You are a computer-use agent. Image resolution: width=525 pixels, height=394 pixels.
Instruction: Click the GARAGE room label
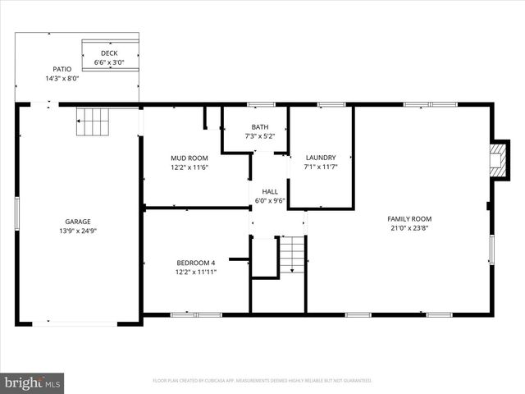pos(78,221)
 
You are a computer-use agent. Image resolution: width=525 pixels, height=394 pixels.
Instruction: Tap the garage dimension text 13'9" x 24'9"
pos(78,231)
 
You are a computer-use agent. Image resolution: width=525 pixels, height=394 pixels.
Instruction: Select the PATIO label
pos(62,69)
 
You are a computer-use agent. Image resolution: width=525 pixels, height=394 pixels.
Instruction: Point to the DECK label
pos(109,53)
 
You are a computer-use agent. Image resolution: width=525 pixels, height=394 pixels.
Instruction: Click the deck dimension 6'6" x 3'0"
pos(109,62)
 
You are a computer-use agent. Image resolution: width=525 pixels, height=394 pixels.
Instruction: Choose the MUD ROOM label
pos(189,158)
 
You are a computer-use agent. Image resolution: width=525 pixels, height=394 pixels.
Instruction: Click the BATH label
pos(260,126)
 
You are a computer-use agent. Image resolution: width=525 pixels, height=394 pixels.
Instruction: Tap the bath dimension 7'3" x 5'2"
pos(260,136)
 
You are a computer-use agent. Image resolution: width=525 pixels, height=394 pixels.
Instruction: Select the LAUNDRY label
pos(321,158)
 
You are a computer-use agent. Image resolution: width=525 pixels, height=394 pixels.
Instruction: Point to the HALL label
pos(269,190)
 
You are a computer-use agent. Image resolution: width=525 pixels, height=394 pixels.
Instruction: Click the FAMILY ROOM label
pos(409,218)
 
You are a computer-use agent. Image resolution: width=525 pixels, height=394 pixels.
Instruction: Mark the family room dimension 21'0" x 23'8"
pos(409,228)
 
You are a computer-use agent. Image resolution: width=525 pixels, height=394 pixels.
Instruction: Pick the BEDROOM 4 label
pos(196,263)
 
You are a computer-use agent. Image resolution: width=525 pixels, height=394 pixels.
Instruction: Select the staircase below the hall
pos(291,254)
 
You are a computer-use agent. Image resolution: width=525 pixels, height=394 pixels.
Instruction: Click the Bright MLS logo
pos(33,382)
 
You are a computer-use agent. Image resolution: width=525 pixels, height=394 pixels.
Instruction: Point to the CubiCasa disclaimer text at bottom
pos(262,381)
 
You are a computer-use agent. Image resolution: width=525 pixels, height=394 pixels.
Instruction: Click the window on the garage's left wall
pos(17,212)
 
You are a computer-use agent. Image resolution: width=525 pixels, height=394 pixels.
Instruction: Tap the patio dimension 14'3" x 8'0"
pos(62,79)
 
